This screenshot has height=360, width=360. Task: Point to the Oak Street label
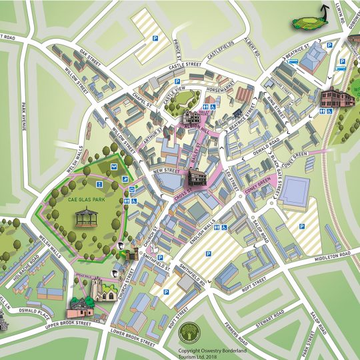coord(89,53)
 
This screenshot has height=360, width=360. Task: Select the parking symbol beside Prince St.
coord(155,39)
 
